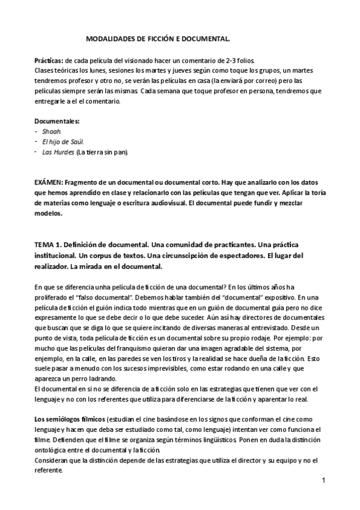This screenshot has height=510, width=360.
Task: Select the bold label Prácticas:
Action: tap(49, 61)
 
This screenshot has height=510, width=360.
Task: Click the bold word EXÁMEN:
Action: tap(49, 183)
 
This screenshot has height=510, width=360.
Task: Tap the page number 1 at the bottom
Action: tap(323, 481)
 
